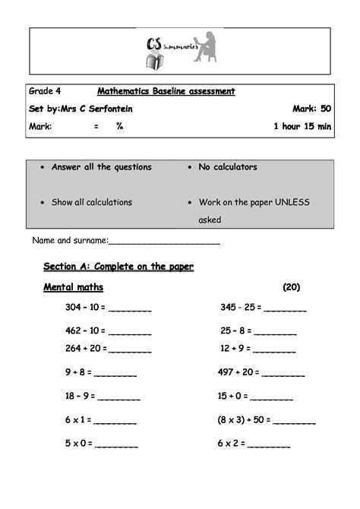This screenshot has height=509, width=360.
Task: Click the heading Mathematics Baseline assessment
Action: [166, 91]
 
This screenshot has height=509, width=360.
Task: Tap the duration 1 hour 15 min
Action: [302, 126]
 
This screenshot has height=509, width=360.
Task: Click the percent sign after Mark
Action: [119, 126]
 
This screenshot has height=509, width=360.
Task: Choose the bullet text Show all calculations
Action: [92, 202]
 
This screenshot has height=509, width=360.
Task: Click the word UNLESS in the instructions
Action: [292, 202]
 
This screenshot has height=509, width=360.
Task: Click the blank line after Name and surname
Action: [165, 243]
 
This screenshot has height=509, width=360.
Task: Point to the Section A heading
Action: [118, 266]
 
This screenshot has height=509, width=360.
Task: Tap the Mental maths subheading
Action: [73, 288]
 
